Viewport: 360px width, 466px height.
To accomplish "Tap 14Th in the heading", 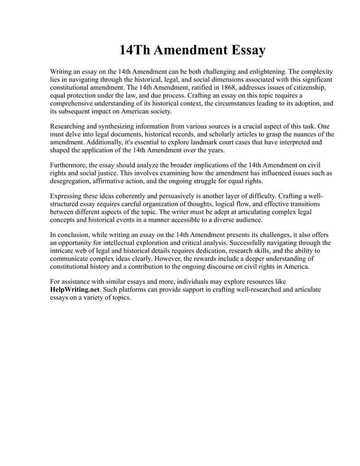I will (135, 51).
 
